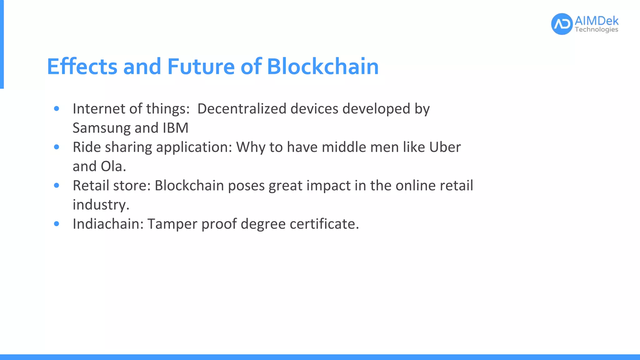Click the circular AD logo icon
coord(562,24)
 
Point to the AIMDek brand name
coord(596,21)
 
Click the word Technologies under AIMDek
coord(596,30)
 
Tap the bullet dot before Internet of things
coord(57,108)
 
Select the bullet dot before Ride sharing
coord(57,147)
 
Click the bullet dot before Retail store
coord(57,185)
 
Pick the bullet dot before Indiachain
coord(57,224)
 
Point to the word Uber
coord(445,147)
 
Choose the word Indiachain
coord(108,224)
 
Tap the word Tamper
coord(172,224)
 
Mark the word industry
coord(101,205)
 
